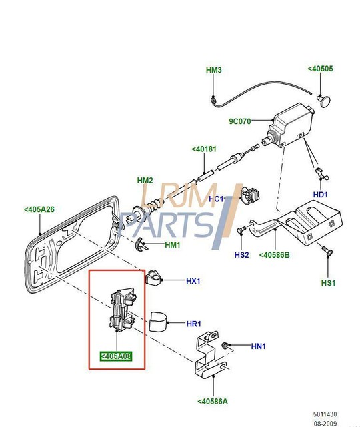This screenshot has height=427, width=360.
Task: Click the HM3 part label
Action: click(213, 70)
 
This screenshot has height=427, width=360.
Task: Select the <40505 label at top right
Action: click(320, 68)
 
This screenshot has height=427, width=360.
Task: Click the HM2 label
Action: click(145, 181)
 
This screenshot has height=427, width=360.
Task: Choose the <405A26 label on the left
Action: click(39, 209)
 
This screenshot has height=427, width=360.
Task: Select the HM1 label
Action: click(173, 245)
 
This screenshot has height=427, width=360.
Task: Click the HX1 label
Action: click(193, 281)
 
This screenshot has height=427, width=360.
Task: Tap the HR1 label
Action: click(193, 324)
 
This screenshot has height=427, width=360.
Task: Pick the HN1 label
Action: click(258, 346)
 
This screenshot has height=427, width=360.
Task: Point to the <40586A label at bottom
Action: click(212, 401)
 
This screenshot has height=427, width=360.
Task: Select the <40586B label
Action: click(274, 254)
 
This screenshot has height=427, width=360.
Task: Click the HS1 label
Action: click(328, 283)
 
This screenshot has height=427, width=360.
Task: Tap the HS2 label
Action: click(241, 255)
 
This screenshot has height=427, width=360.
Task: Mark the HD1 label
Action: click(321, 195)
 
